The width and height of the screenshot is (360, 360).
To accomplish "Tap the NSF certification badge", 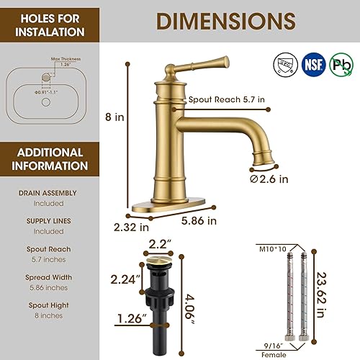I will coord(312,64).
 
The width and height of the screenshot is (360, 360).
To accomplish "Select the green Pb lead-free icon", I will coord(341,64).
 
